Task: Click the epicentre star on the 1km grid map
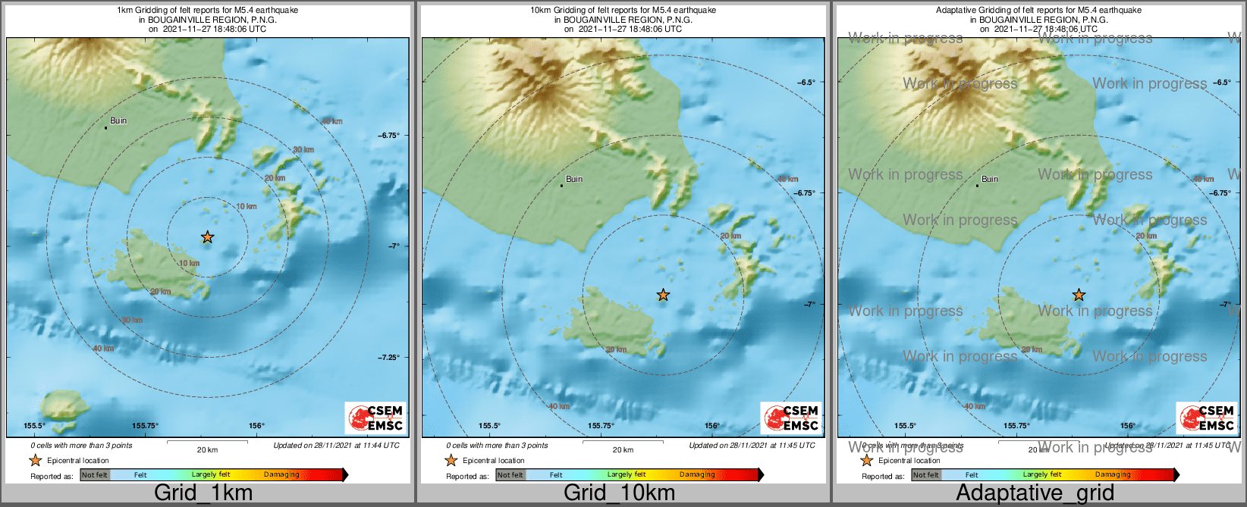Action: tap(207, 237)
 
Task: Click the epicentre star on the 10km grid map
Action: tap(663, 295)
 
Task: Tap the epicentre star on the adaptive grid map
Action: tap(1079, 295)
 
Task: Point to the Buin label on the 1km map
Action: tap(118, 120)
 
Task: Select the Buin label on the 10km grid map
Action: tap(574, 179)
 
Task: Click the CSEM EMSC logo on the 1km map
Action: tap(375, 418)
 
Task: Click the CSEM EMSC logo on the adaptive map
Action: tap(1207, 418)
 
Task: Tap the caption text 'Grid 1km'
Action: tap(203, 493)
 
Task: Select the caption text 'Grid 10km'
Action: tap(619, 493)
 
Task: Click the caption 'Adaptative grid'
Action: tap(1035, 493)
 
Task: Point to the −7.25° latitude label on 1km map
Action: tap(388, 357)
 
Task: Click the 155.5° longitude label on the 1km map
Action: tap(34, 426)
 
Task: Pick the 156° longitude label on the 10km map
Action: tap(711, 426)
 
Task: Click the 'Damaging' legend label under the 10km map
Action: tap(696, 474)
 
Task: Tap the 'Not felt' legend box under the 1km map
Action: tap(95, 475)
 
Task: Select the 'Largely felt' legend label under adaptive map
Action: tap(1042, 474)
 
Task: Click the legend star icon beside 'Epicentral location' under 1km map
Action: tap(35, 460)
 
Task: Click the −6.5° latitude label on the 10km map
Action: tap(805, 83)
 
